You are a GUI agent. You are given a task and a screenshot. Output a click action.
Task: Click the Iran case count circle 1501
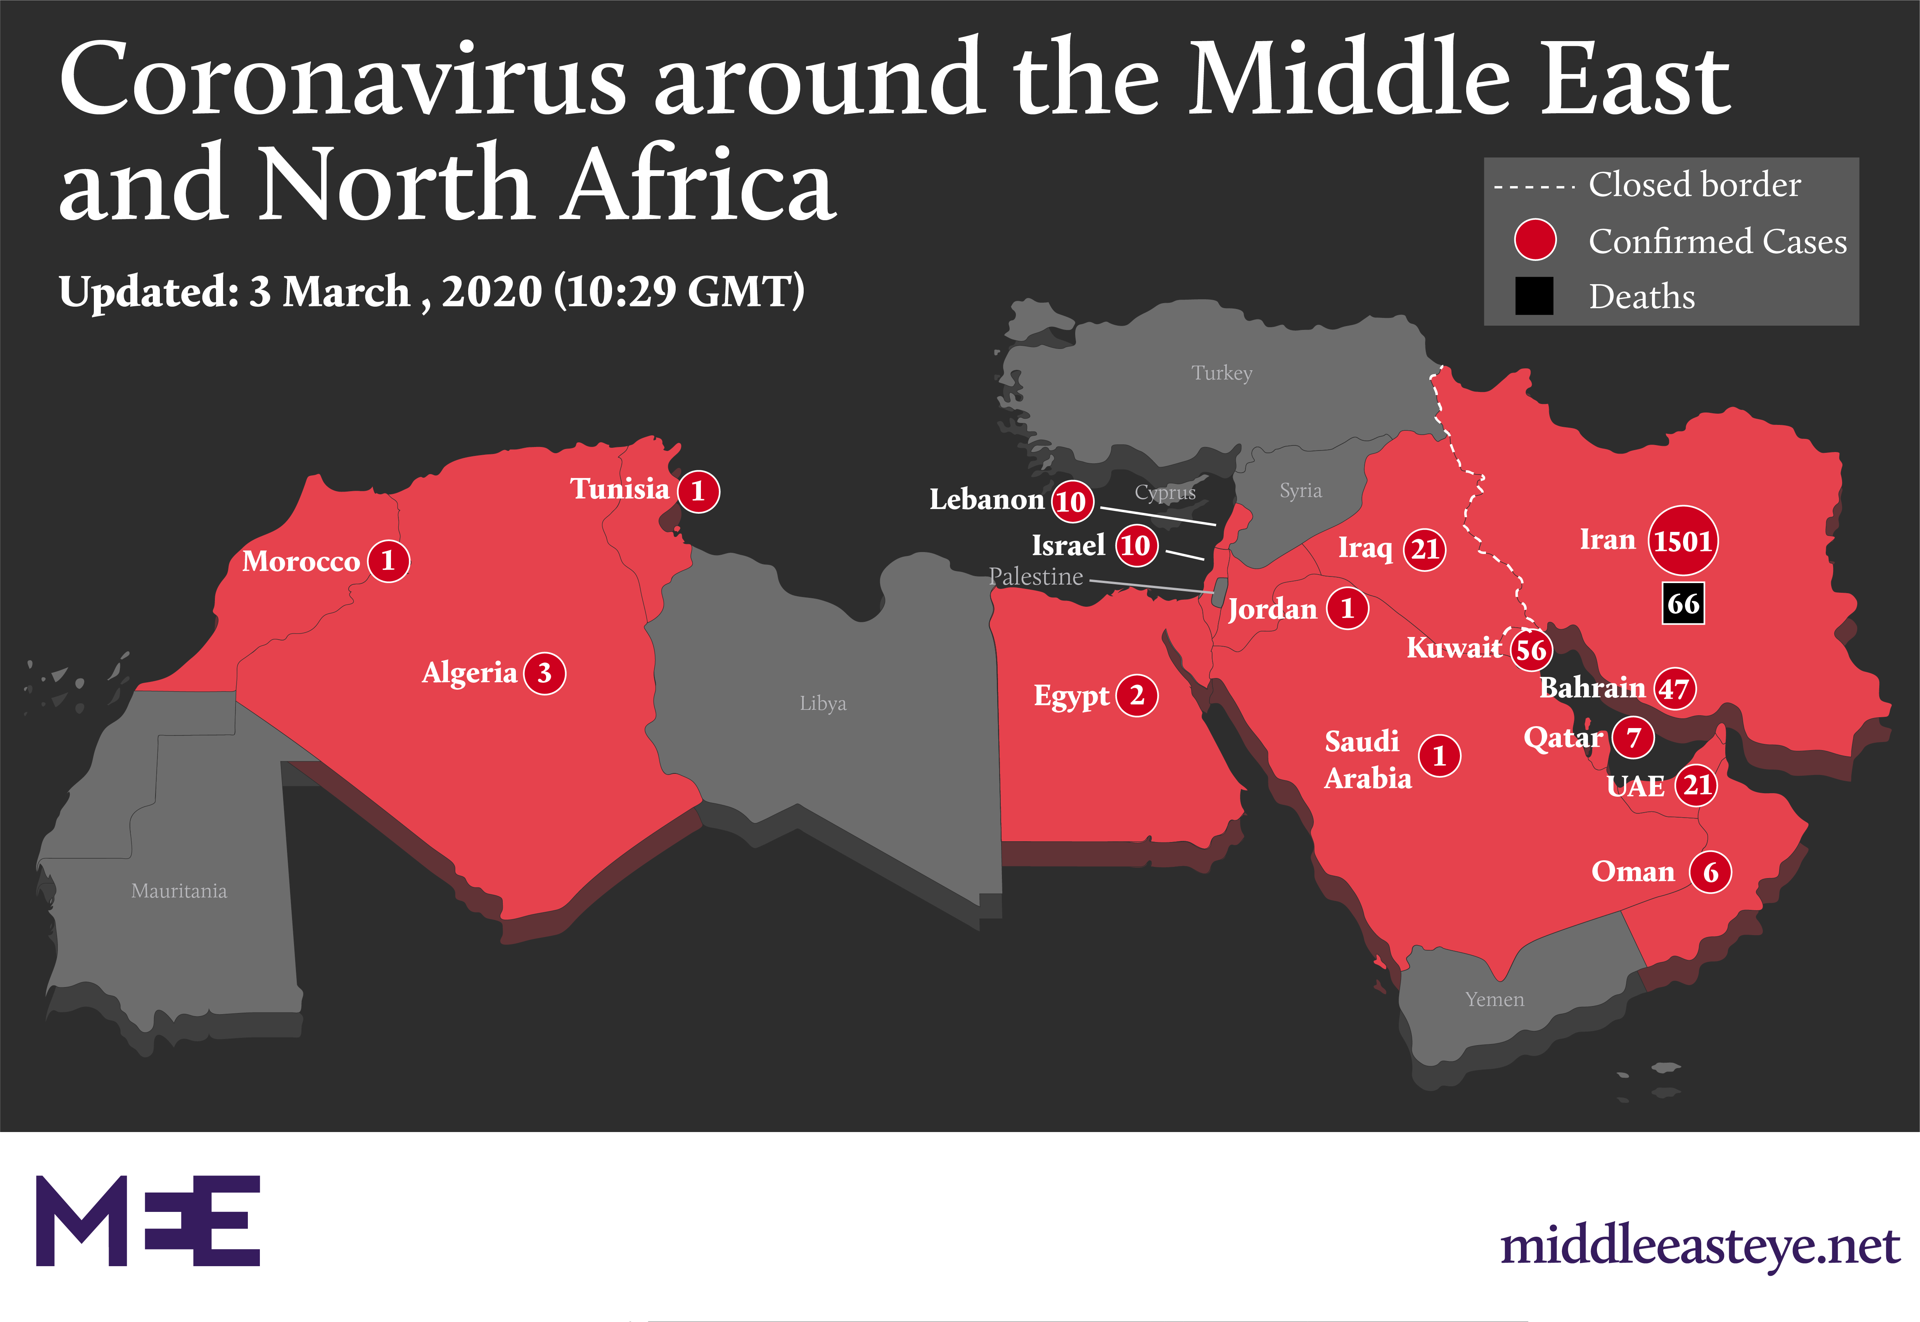[x=1682, y=541]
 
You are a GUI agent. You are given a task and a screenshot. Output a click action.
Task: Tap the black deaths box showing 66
[x=1683, y=604]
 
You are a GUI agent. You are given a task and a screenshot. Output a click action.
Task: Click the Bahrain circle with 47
[x=1674, y=689]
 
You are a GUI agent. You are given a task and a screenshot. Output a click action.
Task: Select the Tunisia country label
[x=620, y=489]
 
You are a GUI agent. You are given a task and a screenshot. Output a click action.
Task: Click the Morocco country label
[x=301, y=562]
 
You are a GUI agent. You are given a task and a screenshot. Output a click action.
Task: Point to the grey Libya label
[x=823, y=703]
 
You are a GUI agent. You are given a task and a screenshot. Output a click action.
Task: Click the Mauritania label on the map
[x=179, y=891]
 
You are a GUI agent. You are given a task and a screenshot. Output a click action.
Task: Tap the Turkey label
[x=1221, y=373]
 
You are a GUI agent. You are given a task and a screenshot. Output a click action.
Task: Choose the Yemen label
[x=1494, y=1000]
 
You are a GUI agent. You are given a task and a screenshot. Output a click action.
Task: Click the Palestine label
[x=1036, y=576]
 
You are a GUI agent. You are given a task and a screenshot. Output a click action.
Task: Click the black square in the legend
[x=1534, y=296]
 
